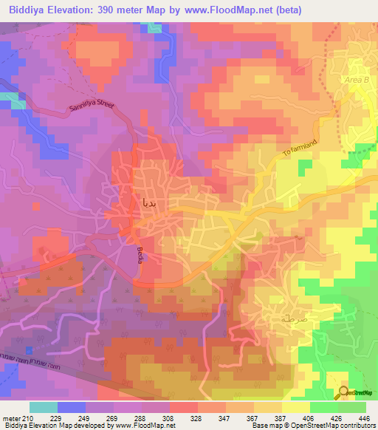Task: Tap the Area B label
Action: point(354,77)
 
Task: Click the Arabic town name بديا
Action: point(148,201)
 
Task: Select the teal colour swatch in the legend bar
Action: point(44,407)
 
